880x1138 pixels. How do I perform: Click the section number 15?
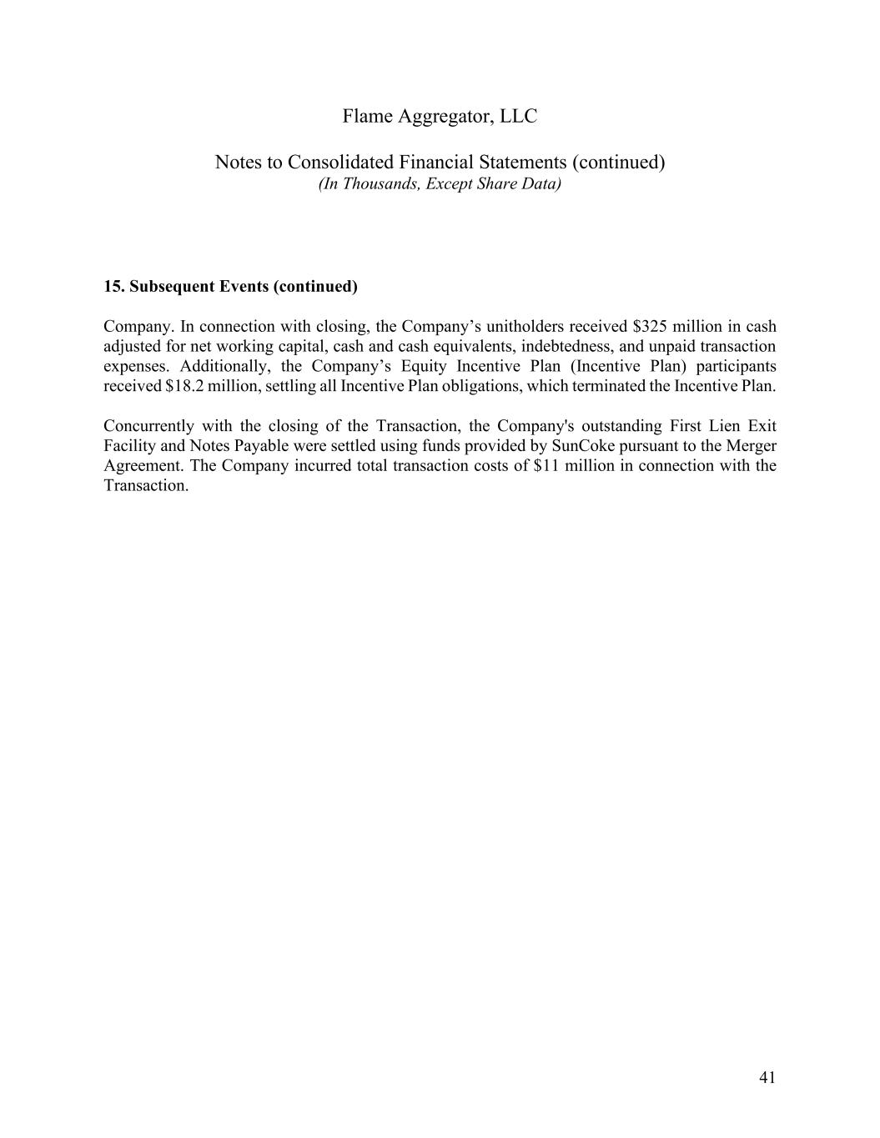click(114, 287)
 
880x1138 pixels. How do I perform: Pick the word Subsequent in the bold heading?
click(168, 287)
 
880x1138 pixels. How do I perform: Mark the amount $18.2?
click(184, 386)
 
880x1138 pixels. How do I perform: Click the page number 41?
click(767, 1078)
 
